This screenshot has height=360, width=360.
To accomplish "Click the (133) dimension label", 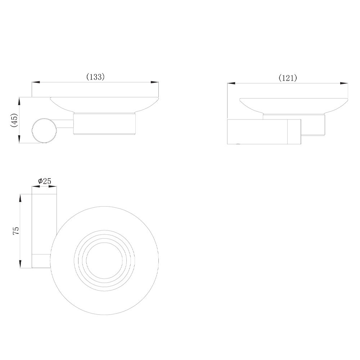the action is (95, 77).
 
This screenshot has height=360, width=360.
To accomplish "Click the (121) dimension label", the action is (288, 78).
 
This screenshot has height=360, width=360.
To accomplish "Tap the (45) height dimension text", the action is (14, 120).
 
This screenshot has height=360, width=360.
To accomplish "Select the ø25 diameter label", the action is (45, 181).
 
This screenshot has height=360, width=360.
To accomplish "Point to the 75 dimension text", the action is (16, 231).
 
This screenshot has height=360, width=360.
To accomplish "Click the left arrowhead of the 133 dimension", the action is (36, 82).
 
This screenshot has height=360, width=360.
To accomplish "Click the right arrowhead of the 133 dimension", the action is (154, 82).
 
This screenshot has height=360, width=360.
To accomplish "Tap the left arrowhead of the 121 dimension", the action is (231, 84).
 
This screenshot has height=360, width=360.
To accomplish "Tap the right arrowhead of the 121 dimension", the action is (344, 84).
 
